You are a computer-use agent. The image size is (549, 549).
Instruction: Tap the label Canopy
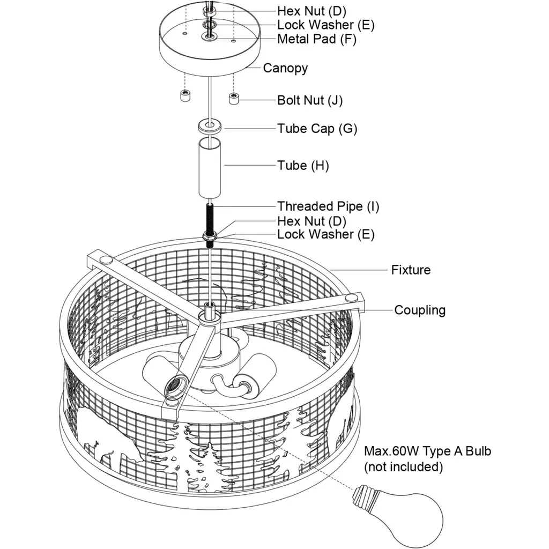click(285, 68)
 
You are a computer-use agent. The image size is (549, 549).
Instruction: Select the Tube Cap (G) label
click(317, 129)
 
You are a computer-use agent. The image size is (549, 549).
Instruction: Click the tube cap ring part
click(210, 128)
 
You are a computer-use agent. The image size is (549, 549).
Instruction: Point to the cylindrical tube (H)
click(210, 168)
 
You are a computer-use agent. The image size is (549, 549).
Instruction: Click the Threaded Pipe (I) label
click(328, 206)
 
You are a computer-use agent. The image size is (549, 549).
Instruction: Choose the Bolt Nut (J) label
click(309, 100)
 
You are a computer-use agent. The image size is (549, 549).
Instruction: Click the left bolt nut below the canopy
click(184, 97)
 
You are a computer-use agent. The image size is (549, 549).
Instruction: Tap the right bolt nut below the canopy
click(234, 99)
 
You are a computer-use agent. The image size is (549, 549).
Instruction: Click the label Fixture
click(411, 270)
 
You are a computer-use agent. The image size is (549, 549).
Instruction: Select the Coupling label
click(420, 310)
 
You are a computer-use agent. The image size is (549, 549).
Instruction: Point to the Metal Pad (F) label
click(316, 39)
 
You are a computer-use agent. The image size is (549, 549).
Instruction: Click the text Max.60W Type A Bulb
click(427, 451)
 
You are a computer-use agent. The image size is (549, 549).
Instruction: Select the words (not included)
click(403, 467)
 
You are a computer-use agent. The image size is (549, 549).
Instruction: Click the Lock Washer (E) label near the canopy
click(325, 25)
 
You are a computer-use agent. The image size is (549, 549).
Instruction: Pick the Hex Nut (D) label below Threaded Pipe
click(311, 221)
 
